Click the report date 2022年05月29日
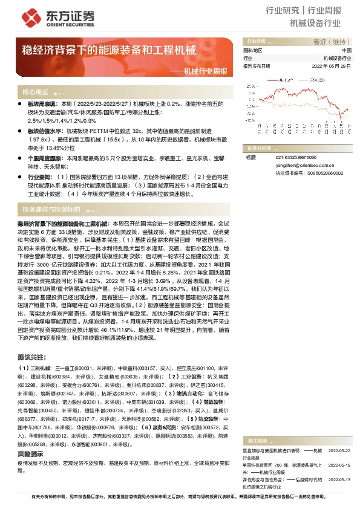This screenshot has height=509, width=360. tap(332, 66)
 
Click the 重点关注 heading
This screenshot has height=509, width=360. tap(30, 357)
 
